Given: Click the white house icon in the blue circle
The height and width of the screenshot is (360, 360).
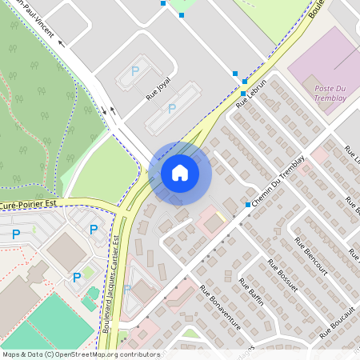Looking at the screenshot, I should point(179,173).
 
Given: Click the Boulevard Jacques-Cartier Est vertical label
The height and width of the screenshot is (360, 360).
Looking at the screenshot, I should point(118,284).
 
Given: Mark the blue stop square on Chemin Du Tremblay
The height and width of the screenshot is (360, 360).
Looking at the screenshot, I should point(247,205).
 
